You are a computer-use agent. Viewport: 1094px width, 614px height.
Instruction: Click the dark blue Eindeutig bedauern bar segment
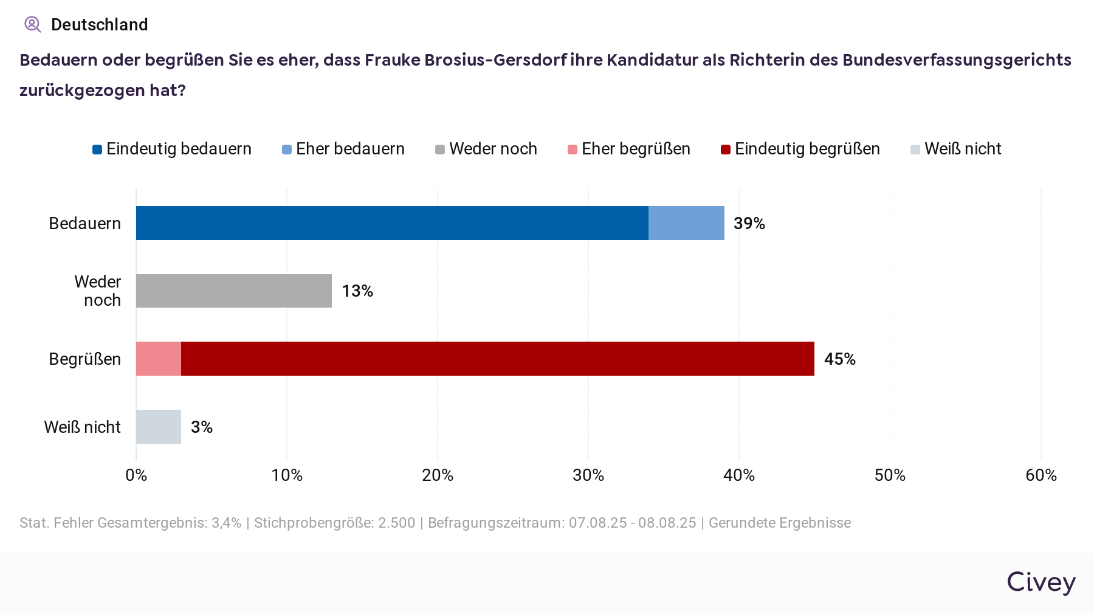[392, 223]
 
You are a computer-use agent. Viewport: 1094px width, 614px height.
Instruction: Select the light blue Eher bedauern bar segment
[686, 223]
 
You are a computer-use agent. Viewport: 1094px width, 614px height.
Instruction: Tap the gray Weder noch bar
[234, 291]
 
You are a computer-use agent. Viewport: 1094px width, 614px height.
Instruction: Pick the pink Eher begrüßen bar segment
[159, 359]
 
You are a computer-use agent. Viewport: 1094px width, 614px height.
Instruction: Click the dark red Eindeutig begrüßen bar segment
[497, 359]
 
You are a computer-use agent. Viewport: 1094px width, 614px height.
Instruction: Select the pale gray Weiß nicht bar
[159, 427]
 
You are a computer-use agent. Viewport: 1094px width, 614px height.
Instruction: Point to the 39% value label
[749, 224]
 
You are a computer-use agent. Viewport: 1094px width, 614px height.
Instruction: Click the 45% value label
[839, 359]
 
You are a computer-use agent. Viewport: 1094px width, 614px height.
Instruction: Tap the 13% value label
[357, 291]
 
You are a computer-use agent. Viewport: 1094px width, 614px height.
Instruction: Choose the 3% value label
[201, 427]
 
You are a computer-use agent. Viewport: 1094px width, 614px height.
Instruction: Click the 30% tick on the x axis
[588, 475]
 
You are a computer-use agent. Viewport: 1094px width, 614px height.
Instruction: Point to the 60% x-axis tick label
[1041, 475]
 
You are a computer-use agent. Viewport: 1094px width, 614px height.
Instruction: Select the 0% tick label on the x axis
[136, 475]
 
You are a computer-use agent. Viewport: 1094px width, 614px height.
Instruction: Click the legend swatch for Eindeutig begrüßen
[726, 150]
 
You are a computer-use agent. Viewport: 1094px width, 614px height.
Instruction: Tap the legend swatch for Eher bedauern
[287, 150]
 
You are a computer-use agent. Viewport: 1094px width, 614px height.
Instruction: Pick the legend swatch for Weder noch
[440, 150]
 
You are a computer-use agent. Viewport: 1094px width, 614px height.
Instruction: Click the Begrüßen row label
[84, 359]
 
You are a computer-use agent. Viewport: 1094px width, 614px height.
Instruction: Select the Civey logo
[1041, 582]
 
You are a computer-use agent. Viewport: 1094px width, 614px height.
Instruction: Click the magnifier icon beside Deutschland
[32, 24]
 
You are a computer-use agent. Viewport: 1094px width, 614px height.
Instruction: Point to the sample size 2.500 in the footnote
[396, 523]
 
